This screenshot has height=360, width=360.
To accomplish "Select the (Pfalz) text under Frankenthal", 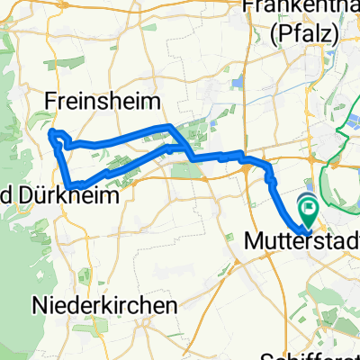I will point(302,34).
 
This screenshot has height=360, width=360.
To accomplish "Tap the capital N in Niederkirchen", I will point(39,305).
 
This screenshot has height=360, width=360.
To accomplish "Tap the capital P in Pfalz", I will point(282,34).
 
